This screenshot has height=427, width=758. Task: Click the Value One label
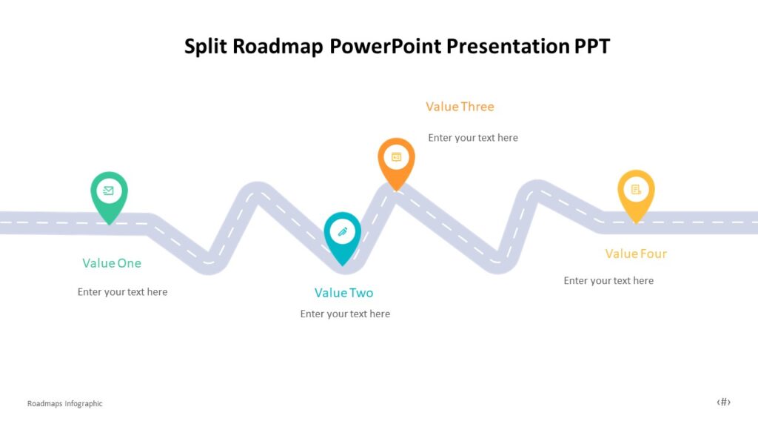(x=112, y=263)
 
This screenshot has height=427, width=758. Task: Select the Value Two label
(x=343, y=293)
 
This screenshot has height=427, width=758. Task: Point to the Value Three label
(x=460, y=107)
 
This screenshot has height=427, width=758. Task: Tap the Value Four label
(x=636, y=254)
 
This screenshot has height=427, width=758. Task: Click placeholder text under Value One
(x=122, y=292)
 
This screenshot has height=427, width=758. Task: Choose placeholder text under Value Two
(x=345, y=314)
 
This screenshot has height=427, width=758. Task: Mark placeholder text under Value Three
(x=473, y=138)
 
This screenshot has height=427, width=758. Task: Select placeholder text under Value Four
(x=608, y=281)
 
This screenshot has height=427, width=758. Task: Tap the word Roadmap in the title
(x=278, y=47)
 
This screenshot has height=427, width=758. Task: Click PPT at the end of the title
(x=592, y=47)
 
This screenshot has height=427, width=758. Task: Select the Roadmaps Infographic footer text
(x=65, y=404)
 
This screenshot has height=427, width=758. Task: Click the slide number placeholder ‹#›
(x=723, y=403)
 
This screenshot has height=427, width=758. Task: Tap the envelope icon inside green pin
(x=109, y=191)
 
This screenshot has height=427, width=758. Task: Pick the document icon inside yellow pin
(x=636, y=190)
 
